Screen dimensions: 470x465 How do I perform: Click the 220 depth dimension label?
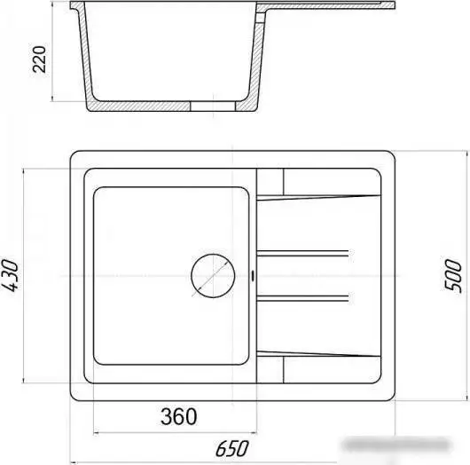pyautogui.click(x=40, y=59)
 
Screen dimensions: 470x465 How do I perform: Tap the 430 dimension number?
pyautogui.click(x=10, y=275)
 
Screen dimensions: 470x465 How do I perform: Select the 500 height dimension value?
pyautogui.click(x=453, y=275)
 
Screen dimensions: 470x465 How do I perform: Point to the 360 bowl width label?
pyautogui.click(x=179, y=416)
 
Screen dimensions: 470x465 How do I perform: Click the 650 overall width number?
pyautogui.click(x=232, y=448)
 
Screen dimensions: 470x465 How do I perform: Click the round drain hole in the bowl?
pyautogui.click(x=213, y=276)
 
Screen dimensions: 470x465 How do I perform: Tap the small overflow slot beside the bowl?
pyautogui.click(x=254, y=276)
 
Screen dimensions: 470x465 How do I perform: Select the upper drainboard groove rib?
pyautogui.click(x=302, y=253)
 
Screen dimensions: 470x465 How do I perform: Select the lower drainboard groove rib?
pyautogui.click(x=302, y=298)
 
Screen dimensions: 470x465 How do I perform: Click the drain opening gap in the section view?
pyautogui.click(x=213, y=106)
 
